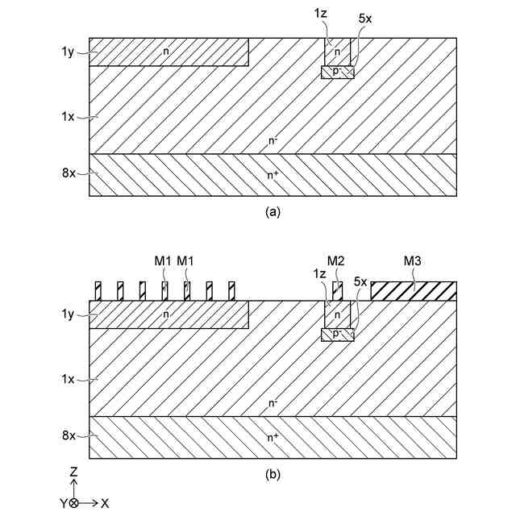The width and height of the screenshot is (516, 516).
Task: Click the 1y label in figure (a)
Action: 68,52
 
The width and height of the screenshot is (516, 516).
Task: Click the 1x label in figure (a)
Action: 68,117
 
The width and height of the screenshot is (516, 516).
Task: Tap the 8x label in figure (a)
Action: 68,173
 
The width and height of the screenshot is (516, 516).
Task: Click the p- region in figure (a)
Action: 337,73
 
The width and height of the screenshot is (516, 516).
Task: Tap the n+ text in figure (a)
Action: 274,173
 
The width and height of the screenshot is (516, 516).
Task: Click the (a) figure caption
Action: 273,212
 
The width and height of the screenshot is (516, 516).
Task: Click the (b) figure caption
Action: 273,475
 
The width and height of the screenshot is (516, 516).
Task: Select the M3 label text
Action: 413,260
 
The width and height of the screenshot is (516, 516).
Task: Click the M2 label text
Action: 337,260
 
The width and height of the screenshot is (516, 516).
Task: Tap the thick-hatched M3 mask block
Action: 414,291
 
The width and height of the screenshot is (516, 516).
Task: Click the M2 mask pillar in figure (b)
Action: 337,291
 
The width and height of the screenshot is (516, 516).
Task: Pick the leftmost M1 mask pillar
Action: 98,291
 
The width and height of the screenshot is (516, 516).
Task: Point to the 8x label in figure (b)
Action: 68,435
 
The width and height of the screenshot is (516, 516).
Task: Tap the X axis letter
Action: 105,502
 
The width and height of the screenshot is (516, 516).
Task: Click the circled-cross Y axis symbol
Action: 74,502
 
